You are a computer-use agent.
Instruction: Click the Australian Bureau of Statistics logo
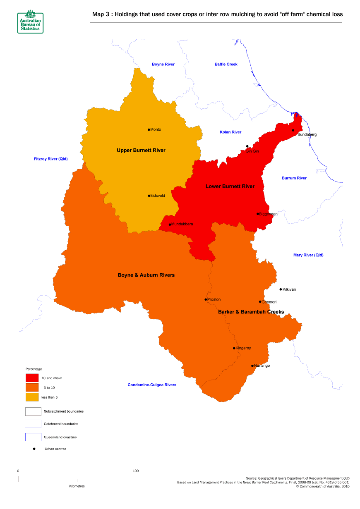point(30,22)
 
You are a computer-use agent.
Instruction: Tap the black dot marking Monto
point(149,129)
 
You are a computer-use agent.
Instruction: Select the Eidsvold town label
point(158,196)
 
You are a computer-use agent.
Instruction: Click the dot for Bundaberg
point(293,130)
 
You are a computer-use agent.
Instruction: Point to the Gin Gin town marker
point(247,146)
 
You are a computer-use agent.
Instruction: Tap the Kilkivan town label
point(289,289)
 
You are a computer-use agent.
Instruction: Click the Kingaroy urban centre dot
point(234,348)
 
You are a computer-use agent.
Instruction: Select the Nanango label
point(262,366)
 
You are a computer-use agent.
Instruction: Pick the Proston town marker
point(206,299)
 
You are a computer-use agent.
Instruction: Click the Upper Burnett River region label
point(141,150)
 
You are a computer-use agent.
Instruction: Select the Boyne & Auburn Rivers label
point(146,275)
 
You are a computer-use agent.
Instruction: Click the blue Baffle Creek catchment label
point(226,64)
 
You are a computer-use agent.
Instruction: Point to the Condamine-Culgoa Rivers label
point(152,385)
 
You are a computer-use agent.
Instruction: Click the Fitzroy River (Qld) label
point(50,159)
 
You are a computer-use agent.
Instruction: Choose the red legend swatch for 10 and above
point(32,378)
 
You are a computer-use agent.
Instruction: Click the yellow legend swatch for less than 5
point(32,397)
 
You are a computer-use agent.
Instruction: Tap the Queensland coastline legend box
point(33,437)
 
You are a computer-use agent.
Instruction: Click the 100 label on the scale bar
point(135,471)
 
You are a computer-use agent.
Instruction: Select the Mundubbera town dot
point(170,225)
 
